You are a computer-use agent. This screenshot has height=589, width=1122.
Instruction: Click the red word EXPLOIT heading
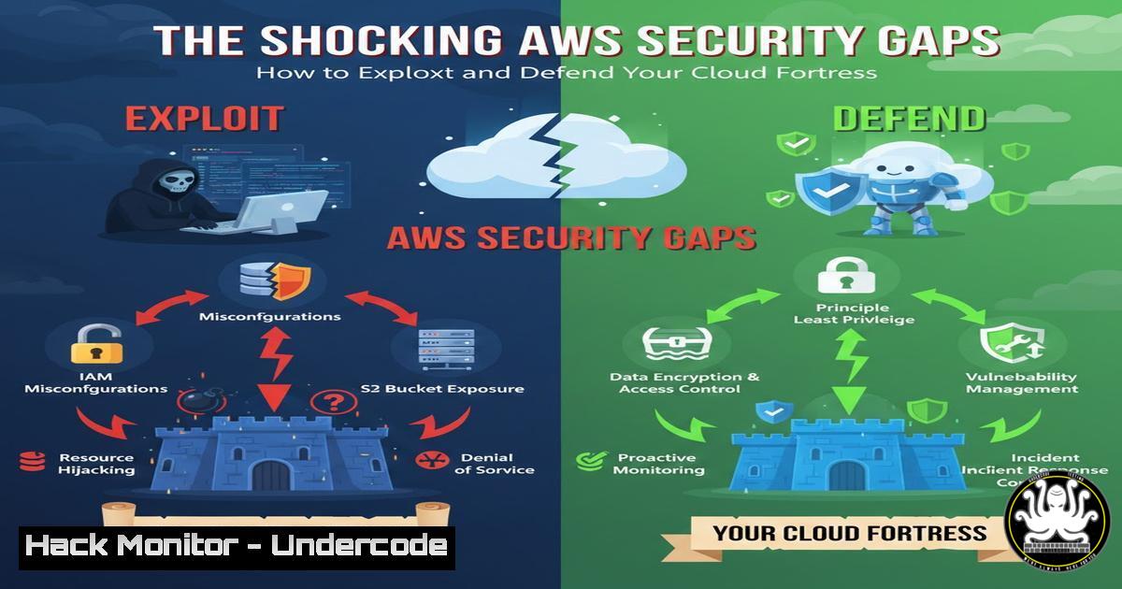coord(204,119)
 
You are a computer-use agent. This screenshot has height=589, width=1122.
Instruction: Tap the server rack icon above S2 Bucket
coord(442,347)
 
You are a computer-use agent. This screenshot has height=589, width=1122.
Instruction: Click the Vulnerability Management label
coord(1021,381)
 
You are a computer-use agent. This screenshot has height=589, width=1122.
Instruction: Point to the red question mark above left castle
coord(333,403)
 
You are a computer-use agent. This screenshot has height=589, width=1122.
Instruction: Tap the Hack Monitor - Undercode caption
coord(236,546)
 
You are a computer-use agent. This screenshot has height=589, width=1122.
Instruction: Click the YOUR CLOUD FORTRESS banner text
coord(849,534)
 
